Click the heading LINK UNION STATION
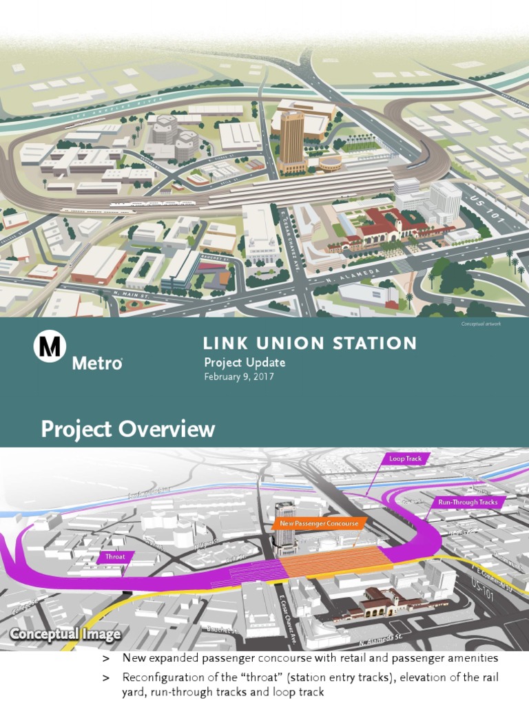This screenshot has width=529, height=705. pos(310,343)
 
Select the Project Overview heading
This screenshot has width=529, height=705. pos(128,430)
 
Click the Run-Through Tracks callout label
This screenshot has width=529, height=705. pos(468,502)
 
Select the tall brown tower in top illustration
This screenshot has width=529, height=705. pos(291,141)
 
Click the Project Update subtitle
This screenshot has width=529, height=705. pos(245,363)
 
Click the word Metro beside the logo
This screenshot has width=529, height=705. pos(97,363)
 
